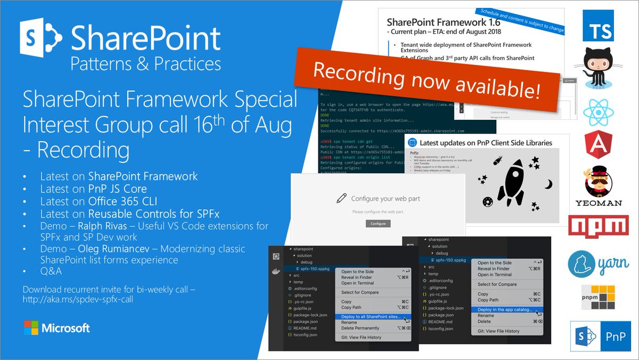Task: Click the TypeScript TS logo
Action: pos(597,25)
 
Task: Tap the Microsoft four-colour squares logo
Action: pos(31,328)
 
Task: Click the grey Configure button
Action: pos(378,224)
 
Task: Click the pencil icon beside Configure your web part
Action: pos(342,198)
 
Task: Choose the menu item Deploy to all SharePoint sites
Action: pos(371,317)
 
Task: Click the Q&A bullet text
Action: pos(51,272)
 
